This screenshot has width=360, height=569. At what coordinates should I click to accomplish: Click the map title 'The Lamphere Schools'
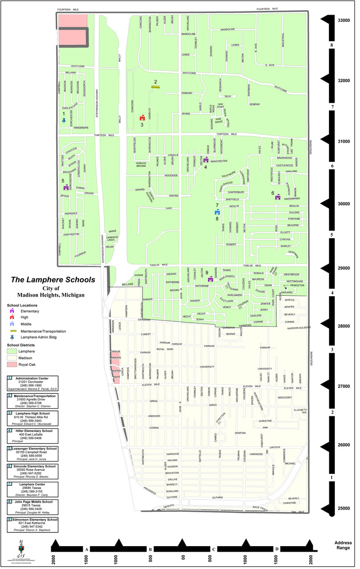[x=53, y=280]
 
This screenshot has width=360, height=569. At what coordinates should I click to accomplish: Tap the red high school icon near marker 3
[x=142, y=117]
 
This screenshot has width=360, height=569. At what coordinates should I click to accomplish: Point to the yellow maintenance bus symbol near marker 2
[x=155, y=87]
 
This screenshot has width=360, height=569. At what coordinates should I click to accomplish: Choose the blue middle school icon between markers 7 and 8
[x=217, y=212]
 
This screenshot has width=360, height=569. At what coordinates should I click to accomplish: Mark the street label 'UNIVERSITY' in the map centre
[x=207, y=367]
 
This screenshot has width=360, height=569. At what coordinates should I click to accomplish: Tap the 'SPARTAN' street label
[x=240, y=432]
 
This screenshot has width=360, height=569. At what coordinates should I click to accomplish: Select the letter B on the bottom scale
[x=150, y=549]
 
